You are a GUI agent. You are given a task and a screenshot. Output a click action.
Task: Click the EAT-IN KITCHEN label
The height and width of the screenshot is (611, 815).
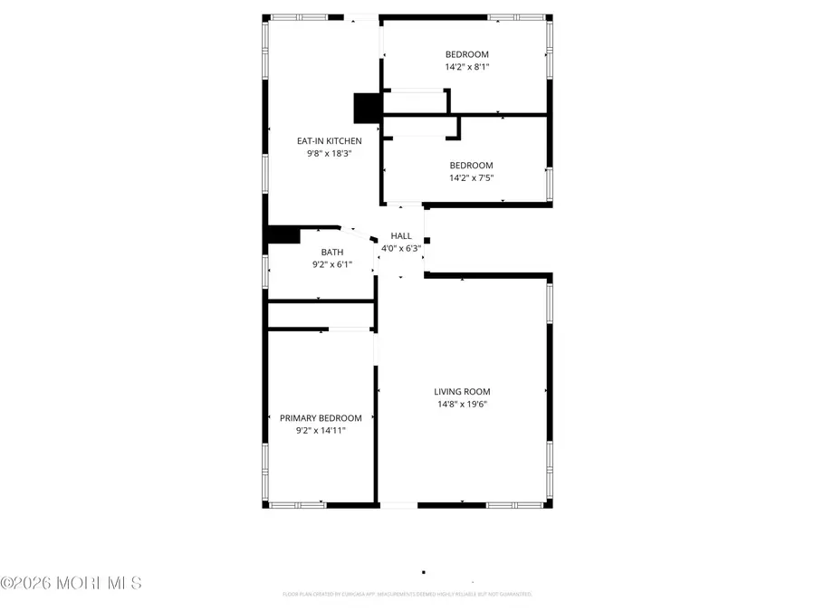(x=330, y=140)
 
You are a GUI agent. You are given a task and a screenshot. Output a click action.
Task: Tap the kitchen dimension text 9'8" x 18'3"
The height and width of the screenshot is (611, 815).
(x=330, y=154)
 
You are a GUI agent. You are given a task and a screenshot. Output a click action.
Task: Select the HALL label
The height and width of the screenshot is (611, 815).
(x=401, y=235)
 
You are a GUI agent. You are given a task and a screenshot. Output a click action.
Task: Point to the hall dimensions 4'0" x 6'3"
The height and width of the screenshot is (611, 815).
(x=401, y=248)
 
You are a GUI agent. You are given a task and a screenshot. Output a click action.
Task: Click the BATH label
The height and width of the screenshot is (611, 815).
(x=332, y=253)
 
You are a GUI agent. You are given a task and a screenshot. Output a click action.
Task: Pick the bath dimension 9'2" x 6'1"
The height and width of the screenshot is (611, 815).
(x=332, y=265)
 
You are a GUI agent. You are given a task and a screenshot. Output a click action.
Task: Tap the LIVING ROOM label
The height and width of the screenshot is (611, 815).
(x=462, y=392)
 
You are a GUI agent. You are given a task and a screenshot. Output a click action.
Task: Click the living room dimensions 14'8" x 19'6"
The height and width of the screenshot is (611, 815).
(x=462, y=405)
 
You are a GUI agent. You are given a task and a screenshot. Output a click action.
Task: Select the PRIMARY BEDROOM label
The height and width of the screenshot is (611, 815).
(x=321, y=418)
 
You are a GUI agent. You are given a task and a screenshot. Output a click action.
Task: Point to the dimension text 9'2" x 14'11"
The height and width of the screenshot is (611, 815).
(x=321, y=431)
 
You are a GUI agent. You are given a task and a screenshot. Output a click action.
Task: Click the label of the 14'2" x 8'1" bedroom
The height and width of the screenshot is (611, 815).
(x=467, y=54)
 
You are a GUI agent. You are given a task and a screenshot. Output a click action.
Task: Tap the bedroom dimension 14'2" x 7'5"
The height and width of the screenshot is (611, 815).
(x=471, y=177)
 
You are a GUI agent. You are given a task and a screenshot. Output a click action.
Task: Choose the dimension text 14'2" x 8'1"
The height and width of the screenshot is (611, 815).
(x=467, y=67)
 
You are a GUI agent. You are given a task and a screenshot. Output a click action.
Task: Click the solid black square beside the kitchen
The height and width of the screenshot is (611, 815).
(x=367, y=108)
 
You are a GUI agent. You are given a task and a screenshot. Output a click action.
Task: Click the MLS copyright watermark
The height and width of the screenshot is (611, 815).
(x=72, y=583)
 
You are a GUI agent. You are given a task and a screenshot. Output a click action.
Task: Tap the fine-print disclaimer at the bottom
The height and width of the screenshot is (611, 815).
(x=407, y=595)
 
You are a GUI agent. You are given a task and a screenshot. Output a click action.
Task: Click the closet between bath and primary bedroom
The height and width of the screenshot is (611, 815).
(x=321, y=314)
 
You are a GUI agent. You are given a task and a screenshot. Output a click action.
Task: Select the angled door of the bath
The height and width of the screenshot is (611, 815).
(x=359, y=234)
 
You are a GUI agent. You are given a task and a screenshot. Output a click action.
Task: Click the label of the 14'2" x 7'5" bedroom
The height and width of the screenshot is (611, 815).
(x=471, y=165)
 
